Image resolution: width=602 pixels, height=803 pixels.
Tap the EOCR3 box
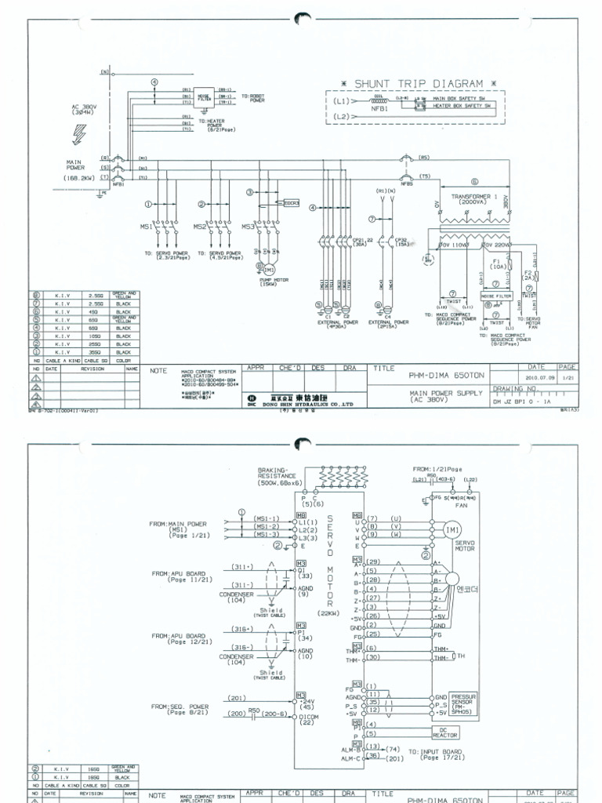point(292,202)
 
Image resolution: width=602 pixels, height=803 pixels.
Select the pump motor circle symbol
point(264,269)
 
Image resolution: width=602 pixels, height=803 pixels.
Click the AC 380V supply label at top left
point(85,110)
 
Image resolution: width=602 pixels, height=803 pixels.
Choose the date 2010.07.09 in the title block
point(535,376)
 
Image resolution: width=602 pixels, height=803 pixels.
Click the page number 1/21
point(567,376)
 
